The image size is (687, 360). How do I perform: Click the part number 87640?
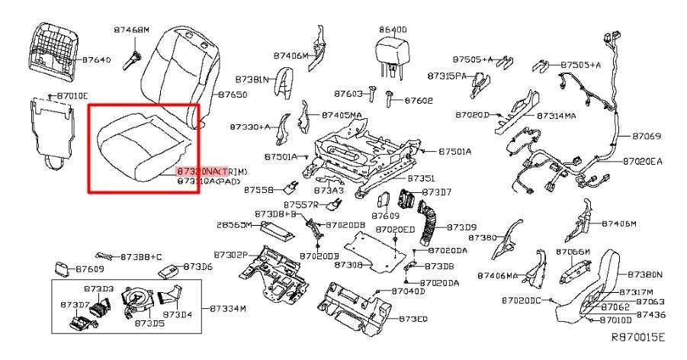point(97,59)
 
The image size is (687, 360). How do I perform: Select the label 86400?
point(393,29)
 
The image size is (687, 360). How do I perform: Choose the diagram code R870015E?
point(638,336)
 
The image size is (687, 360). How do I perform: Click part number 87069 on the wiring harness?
point(647,137)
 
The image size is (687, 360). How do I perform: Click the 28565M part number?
point(234,226)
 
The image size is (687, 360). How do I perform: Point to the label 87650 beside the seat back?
point(233,95)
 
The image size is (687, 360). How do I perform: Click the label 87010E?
point(72,95)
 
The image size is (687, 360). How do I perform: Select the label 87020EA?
point(643,161)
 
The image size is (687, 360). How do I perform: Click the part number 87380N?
point(645,274)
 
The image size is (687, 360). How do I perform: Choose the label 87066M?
point(573,252)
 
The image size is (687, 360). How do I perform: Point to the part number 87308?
point(349,265)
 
